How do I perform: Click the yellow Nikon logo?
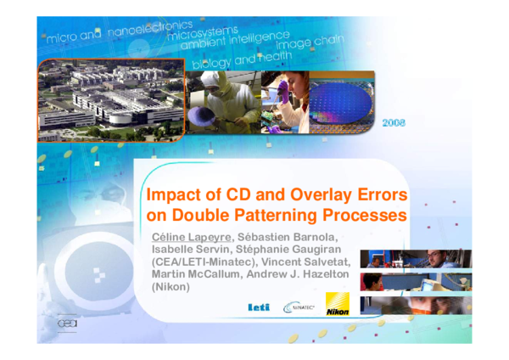click(337, 309)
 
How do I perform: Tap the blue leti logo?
click(258, 307)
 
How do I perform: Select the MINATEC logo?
click(299, 307)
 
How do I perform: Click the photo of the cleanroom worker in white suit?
click(219, 103)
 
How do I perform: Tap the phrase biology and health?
click(242, 60)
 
